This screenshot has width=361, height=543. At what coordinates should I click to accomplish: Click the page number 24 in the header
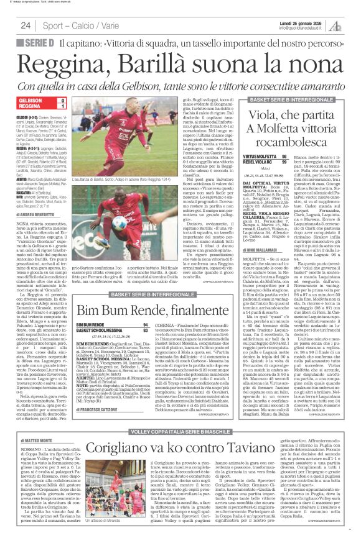[26, 25]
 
